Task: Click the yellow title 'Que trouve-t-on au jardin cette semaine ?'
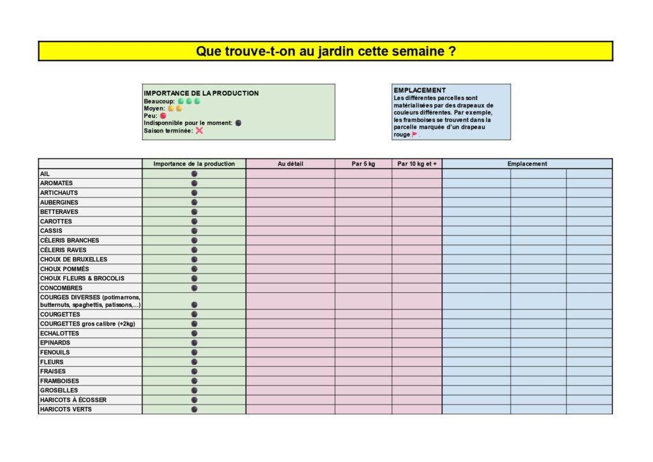click(x=325, y=51)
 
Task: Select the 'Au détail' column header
click(x=290, y=164)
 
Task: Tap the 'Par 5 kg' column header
click(x=363, y=164)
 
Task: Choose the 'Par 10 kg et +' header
click(x=417, y=164)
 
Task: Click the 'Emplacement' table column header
click(x=527, y=164)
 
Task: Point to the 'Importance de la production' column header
click(x=194, y=164)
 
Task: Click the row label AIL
click(x=45, y=174)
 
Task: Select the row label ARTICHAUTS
click(x=59, y=193)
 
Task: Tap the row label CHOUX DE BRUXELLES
click(x=73, y=260)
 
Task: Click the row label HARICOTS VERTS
click(x=66, y=410)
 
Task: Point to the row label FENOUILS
click(x=55, y=352)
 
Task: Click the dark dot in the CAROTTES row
click(x=194, y=221)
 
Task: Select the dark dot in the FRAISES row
click(x=194, y=371)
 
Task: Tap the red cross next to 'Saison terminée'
click(x=199, y=130)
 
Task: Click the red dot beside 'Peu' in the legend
click(x=163, y=116)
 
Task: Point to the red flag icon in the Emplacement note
click(x=415, y=135)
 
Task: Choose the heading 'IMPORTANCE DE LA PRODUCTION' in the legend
click(x=202, y=93)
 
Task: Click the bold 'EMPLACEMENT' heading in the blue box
click(x=420, y=91)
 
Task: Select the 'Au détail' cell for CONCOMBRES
click(x=290, y=288)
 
